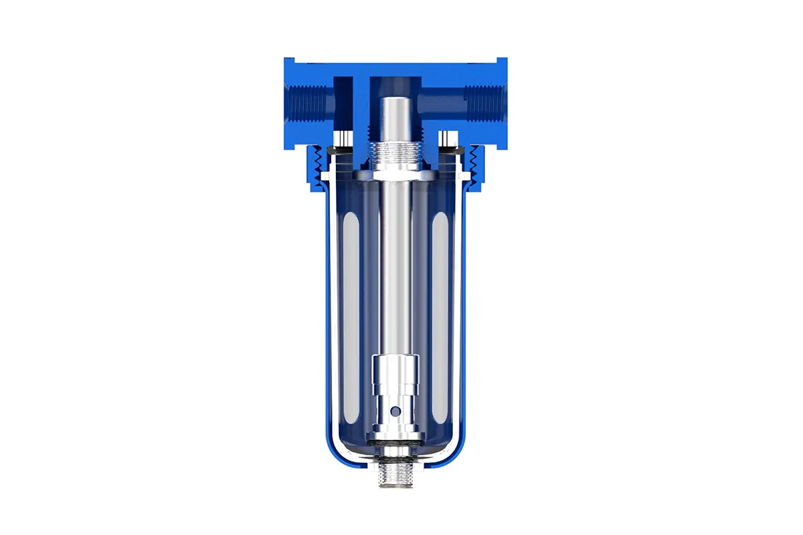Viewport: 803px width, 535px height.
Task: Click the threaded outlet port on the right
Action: (483, 104)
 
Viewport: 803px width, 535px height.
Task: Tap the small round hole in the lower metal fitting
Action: (395, 410)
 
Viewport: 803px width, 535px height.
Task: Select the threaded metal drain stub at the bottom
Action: (395, 475)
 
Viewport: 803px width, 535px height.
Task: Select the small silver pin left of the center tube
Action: (341, 139)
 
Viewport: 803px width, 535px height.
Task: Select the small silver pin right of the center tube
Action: (449, 139)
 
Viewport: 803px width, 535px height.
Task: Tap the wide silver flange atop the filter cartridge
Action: (395, 175)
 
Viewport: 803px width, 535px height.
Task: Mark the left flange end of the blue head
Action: (288, 100)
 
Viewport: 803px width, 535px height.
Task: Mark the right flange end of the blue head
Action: (503, 100)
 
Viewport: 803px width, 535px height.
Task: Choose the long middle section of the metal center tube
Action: (395, 267)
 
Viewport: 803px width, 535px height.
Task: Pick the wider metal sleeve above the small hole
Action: (395, 371)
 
